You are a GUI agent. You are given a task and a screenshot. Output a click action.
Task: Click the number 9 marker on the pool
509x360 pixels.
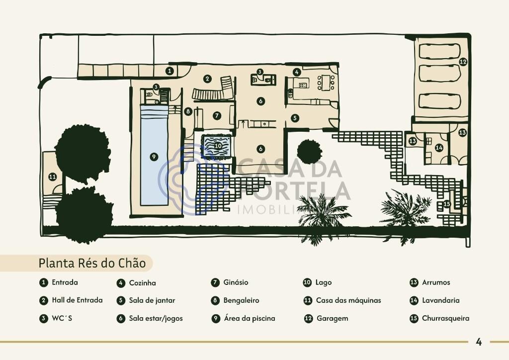pyautogui.click(x=154, y=157)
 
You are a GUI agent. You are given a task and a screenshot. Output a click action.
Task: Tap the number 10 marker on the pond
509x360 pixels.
pyautogui.click(x=218, y=146)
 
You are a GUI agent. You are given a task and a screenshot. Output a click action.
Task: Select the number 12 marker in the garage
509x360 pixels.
pyautogui.click(x=463, y=61)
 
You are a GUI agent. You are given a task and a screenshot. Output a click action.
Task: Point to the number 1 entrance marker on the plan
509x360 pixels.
pyautogui.click(x=170, y=71)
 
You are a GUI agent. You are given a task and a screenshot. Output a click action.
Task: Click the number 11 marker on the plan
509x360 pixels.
pyautogui.click(x=52, y=177)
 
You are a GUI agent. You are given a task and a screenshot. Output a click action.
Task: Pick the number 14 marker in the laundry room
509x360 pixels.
pyautogui.click(x=439, y=148)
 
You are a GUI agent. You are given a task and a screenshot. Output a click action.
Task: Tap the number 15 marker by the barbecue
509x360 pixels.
pyautogui.click(x=447, y=204)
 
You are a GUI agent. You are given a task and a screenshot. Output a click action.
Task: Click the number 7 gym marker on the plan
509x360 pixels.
pyautogui.click(x=217, y=115)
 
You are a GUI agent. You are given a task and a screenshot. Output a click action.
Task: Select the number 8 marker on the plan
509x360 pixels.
pyautogui.click(x=187, y=112)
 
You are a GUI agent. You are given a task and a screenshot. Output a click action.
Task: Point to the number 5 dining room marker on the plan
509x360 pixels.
pyautogui.click(x=295, y=118)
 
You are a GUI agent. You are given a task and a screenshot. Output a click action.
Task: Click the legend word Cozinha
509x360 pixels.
pyautogui.click(x=143, y=283)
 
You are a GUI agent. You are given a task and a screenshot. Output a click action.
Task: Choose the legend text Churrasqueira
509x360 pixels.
pyautogui.click(x=446, y=318)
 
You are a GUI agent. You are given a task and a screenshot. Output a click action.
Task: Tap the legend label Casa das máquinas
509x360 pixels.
pyautogui.click(x=348, y=301)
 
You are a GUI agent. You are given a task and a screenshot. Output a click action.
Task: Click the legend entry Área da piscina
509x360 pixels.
pyautogui.click(x=250, y=318)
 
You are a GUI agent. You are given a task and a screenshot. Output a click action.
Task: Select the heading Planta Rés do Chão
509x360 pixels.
pyautogui.click(x=92, y=263)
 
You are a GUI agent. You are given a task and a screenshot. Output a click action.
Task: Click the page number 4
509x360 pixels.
pyautogui.click(x=479, y=342)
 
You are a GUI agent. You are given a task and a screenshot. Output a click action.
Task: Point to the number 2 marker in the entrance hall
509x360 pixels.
pyautogui.click(x=207, y=79)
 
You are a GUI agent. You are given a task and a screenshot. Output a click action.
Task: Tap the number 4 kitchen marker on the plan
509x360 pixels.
pyautogui.click(x=296, y=72)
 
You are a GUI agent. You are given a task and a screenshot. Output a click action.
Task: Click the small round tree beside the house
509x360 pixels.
pyautogui.click(x=309, y=152)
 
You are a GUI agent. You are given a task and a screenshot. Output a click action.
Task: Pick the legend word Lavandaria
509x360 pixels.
pyautogui.click(x=441, y=301)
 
